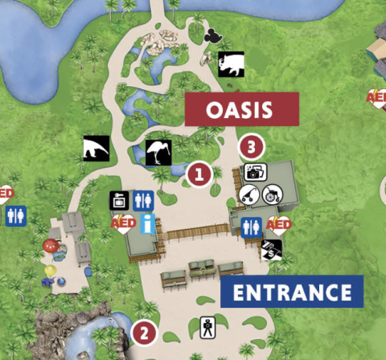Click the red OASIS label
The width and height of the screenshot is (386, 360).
(242, 109)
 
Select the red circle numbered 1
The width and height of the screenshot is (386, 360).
(199, 173)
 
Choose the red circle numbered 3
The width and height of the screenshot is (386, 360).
(253, 148)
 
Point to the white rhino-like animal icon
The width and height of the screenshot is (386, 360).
(231, 63)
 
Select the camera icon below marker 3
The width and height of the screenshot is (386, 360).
(254, 171)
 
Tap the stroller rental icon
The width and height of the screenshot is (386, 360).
(251, 193)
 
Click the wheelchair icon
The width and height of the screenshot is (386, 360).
(271, 193)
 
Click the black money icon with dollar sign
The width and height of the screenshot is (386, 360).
(274, 249)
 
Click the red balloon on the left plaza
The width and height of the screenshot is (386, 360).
(50, 246)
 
